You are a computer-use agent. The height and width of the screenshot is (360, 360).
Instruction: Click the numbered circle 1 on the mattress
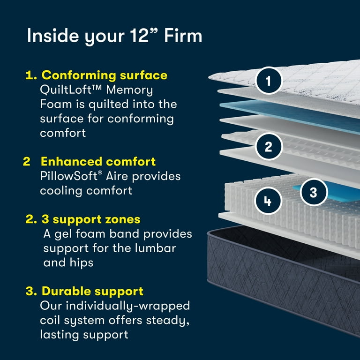click(268, 81)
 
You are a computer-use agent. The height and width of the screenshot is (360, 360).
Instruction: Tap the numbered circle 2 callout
click(268, 147)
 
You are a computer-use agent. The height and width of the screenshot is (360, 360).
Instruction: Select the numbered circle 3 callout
click(314, 192)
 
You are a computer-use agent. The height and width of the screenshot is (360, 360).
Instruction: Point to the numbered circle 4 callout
click(268, 202)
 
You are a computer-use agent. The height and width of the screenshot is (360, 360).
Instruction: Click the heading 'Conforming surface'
click(104, 75)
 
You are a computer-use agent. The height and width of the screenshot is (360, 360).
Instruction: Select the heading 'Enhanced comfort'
click(98, 162)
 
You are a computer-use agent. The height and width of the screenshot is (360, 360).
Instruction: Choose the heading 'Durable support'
click(92, 291)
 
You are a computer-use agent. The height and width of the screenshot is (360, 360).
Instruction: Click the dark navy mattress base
click(281, 277)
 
